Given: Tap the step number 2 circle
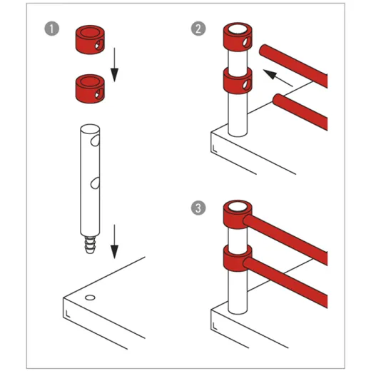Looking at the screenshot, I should (x=198, y=31).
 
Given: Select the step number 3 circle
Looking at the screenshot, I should (x=198, y=209).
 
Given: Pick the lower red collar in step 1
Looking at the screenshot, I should (x=90, y=87).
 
